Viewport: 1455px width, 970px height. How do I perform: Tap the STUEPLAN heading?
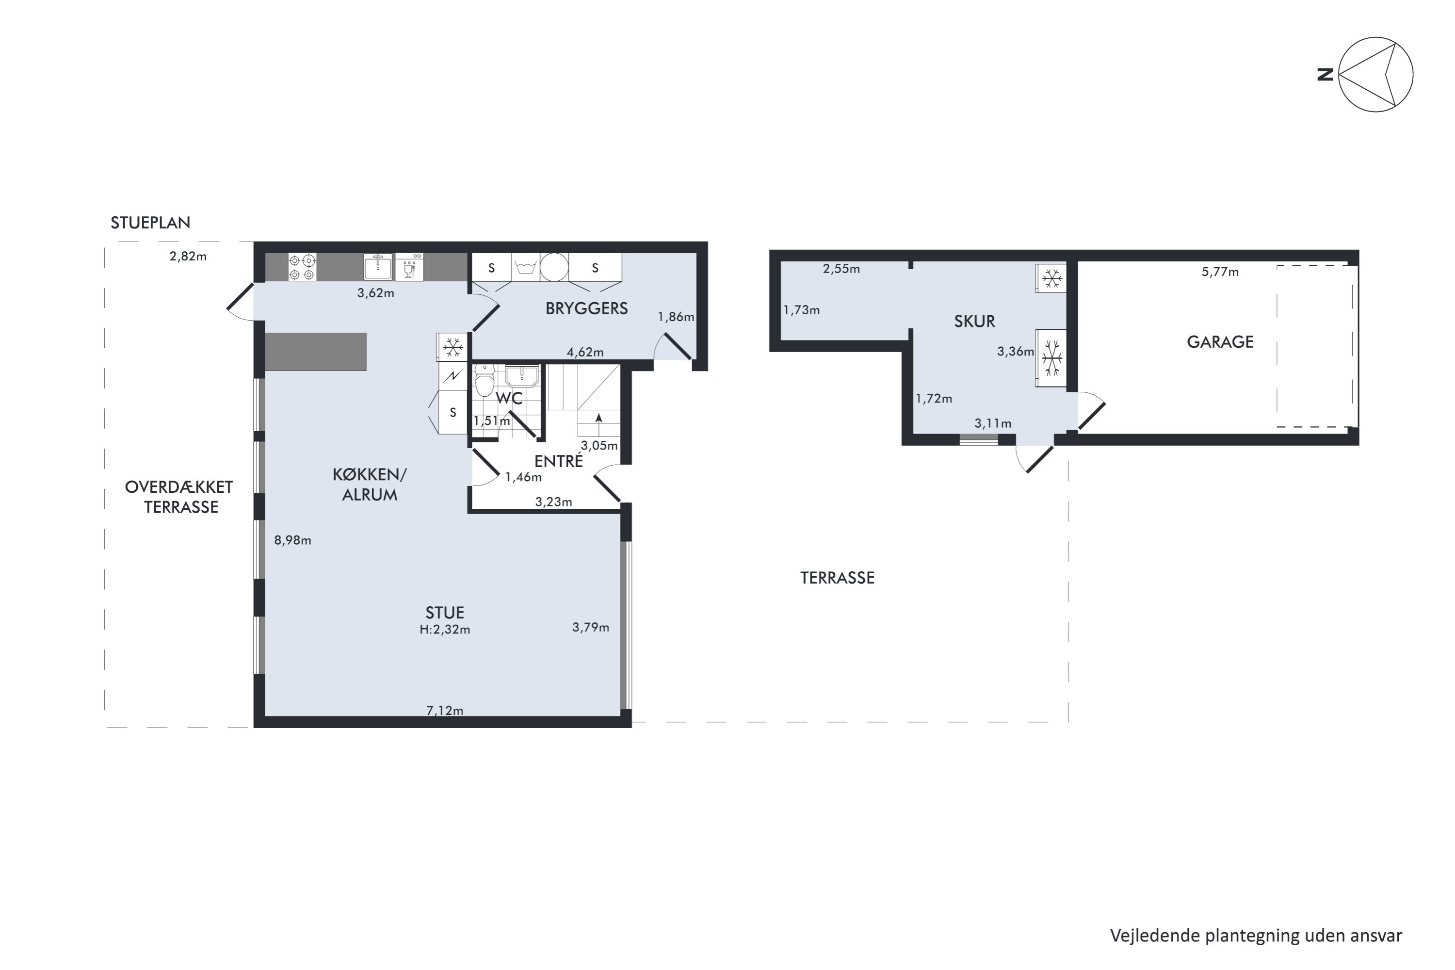click(150, 223)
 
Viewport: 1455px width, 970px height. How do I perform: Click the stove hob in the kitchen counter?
click(302, 267)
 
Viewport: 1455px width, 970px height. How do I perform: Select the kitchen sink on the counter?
click(377, 267)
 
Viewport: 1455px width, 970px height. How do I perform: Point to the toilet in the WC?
click(485, 380)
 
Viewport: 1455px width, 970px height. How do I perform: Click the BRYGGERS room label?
click(586, 308)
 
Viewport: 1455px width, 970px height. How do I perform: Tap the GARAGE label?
click(1220, 341)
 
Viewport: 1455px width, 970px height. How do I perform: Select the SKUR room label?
click(974, 321)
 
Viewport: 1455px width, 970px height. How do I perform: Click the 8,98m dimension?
click(292, 540)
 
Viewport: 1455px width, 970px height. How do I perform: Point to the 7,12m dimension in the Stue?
click(445, 710)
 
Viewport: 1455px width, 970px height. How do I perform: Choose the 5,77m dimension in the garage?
click(1220, 272)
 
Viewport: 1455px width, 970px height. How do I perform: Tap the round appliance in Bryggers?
click(554, 267)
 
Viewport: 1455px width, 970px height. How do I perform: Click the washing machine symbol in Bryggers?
click(525, 267)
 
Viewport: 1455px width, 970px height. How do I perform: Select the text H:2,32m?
click(445, 630)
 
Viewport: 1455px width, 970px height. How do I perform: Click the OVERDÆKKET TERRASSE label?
click(179, 497)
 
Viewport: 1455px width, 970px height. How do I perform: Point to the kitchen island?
click(316, 351)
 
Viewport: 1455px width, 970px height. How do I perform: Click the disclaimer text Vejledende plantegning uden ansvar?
click(1256, 936)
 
